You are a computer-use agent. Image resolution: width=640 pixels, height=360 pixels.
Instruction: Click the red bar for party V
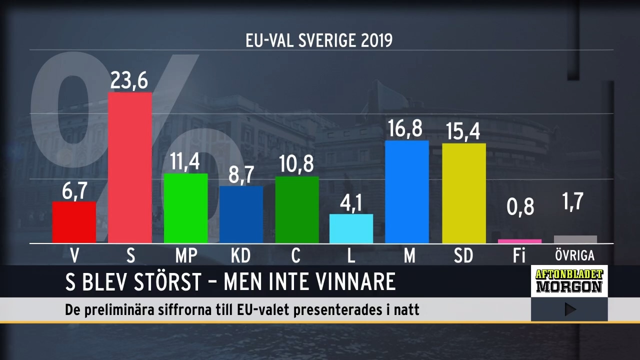point(74,222)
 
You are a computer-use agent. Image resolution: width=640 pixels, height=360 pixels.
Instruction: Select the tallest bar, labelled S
point(130,168)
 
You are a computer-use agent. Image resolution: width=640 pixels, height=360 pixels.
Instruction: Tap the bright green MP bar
point(185,208)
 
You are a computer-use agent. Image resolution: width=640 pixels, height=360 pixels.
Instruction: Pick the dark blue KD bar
point(241,215)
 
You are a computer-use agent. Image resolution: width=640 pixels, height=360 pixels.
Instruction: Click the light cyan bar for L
point(351,228)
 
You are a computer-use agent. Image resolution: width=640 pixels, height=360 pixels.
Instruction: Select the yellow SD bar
point(463,193)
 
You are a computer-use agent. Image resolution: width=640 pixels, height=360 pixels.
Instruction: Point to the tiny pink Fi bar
point(519,241)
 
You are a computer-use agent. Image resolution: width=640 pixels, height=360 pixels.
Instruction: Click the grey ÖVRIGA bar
point(575,239)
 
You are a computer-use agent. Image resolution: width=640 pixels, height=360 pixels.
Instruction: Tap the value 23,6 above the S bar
point(129,80)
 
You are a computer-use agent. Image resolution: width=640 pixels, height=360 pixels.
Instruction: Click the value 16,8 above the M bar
point(406,129)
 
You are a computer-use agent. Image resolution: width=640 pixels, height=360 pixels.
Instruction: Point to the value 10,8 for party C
point(296,165)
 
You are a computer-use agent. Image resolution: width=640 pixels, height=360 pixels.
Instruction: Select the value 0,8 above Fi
point(520,207)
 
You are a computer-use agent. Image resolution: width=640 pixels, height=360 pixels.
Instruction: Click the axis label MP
point(186,256)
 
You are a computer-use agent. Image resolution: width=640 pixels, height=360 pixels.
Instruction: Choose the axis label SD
point(463,256)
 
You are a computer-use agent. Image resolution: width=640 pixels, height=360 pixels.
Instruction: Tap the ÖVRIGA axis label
point(575,256)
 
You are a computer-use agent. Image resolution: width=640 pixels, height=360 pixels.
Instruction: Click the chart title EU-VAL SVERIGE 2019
point(319,40)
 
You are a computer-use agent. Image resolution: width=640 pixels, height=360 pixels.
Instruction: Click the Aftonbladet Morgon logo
point(569,281)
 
